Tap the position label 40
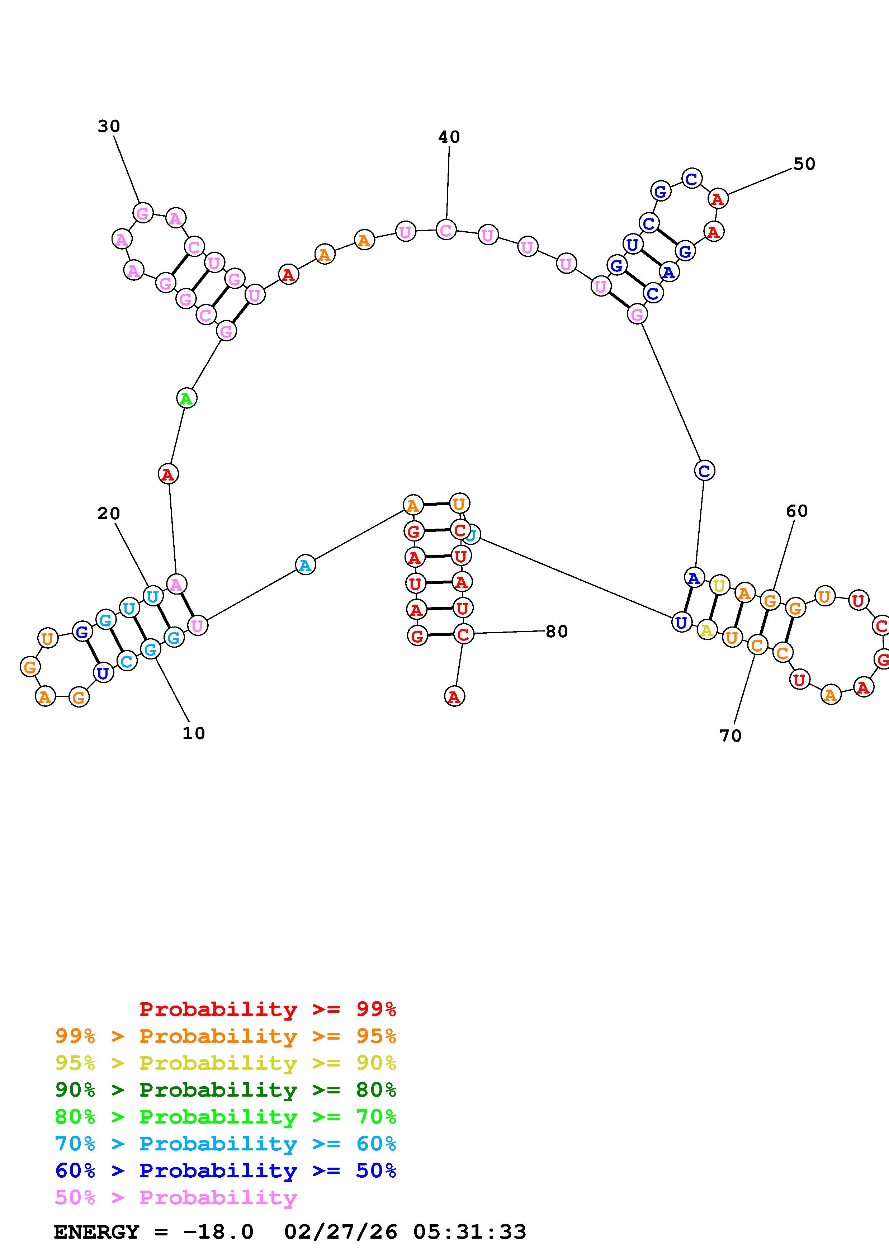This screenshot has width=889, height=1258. pyautogui.click(x=449, y=137)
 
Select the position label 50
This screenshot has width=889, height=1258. pyautogui.click(x=804, y=164)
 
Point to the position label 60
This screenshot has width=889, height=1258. pyautogui.click(x=796, y=511)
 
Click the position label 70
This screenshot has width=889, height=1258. pyautogui.click(x=730, y=736)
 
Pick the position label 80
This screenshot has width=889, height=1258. pyautogui.click(x=557, y=632)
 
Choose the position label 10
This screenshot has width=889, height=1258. pyautogui.click(x=193, y=733)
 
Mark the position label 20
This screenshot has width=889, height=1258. pyautogui.click(x=108, y=514)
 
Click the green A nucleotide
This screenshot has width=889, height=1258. pyautogui.click(x=186, y=398)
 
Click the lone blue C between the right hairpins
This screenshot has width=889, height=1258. pyautogui.click(x=704, y=470)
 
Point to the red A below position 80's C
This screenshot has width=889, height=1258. pyautogui.click(x=454, y=696)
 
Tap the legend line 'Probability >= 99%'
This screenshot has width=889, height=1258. pyautogui.click(x=267, y=1009)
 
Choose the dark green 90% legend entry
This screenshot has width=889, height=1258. pyautogui.click(x=226, y=1090)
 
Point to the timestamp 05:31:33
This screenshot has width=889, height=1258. pyautogui.click(x=469, y=1232)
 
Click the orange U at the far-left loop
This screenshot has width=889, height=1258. pyautogui.click(x=48, y=638)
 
